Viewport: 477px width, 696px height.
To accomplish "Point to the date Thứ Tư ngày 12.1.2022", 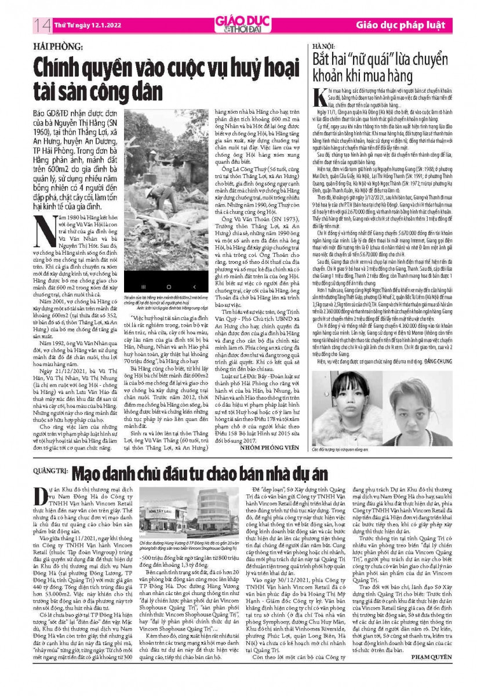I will click(x=83, y=25).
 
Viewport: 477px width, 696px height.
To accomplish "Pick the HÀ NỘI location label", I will click(x=325, y=45).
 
